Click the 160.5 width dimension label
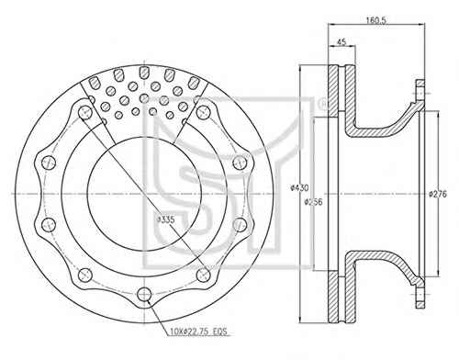click(376, 20)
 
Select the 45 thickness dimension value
click(341, 41)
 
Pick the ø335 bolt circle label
click(165, 219)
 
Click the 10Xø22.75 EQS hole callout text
click(198, 332)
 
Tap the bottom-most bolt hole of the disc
click(144, 295)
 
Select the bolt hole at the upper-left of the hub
click(85, 113)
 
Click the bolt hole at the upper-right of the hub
click(203, 112)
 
